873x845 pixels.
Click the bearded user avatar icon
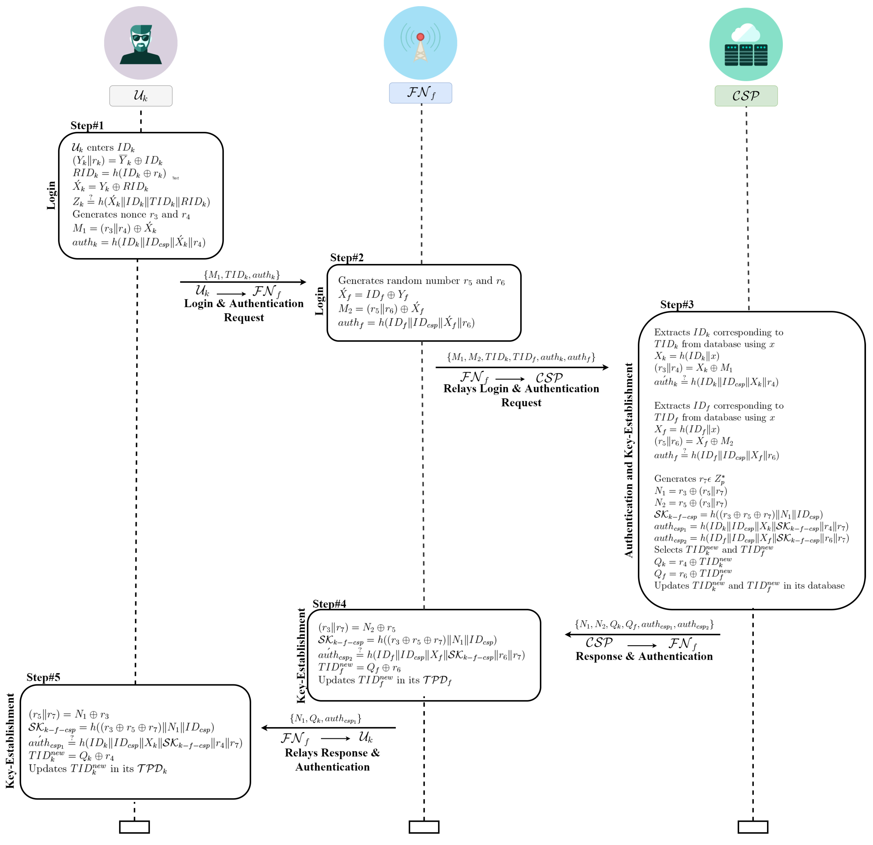(x=141, y=43)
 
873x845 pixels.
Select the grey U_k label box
(x=141, y=96)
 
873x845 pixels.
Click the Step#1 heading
(x=87, y=126)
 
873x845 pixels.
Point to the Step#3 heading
(x=677, y=305)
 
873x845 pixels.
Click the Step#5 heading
(x=43, y=678)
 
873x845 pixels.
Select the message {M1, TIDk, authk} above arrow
(x=242, y=275)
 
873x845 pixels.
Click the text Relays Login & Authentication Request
(x=521, y=396)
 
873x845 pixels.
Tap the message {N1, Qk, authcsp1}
(x=326, y=719)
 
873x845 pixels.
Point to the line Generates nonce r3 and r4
(x=131, y=215)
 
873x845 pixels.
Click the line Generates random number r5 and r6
(x=421, y=281)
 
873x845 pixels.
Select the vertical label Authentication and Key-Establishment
(x=628, y=460)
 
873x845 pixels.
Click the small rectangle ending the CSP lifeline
(x=753, y=827)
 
